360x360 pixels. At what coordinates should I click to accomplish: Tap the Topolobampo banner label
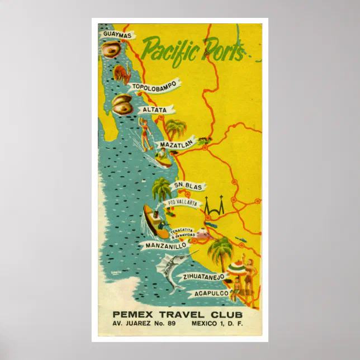pyautogui.click(x=154, y=86)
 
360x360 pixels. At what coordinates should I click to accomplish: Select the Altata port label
pyautogui.click(x=154, y=110)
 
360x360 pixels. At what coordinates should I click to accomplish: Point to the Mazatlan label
pyautogui.click(x=177, y=144)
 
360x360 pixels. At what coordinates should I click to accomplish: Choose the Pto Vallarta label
pyautogui.click(x=182, y=204)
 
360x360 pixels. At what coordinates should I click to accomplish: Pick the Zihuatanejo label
pyautogui.click(x=203, y=276)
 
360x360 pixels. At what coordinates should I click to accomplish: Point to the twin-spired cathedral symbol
pyautogui.click(x=214, y=209)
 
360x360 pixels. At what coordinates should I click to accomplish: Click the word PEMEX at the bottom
pyautogui.click(x=132, y=315)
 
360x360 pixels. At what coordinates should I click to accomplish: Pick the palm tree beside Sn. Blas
pyautogui.click(x=162, y=189)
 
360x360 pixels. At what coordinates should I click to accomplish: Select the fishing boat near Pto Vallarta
pyautogui.click(x=154, y=221)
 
